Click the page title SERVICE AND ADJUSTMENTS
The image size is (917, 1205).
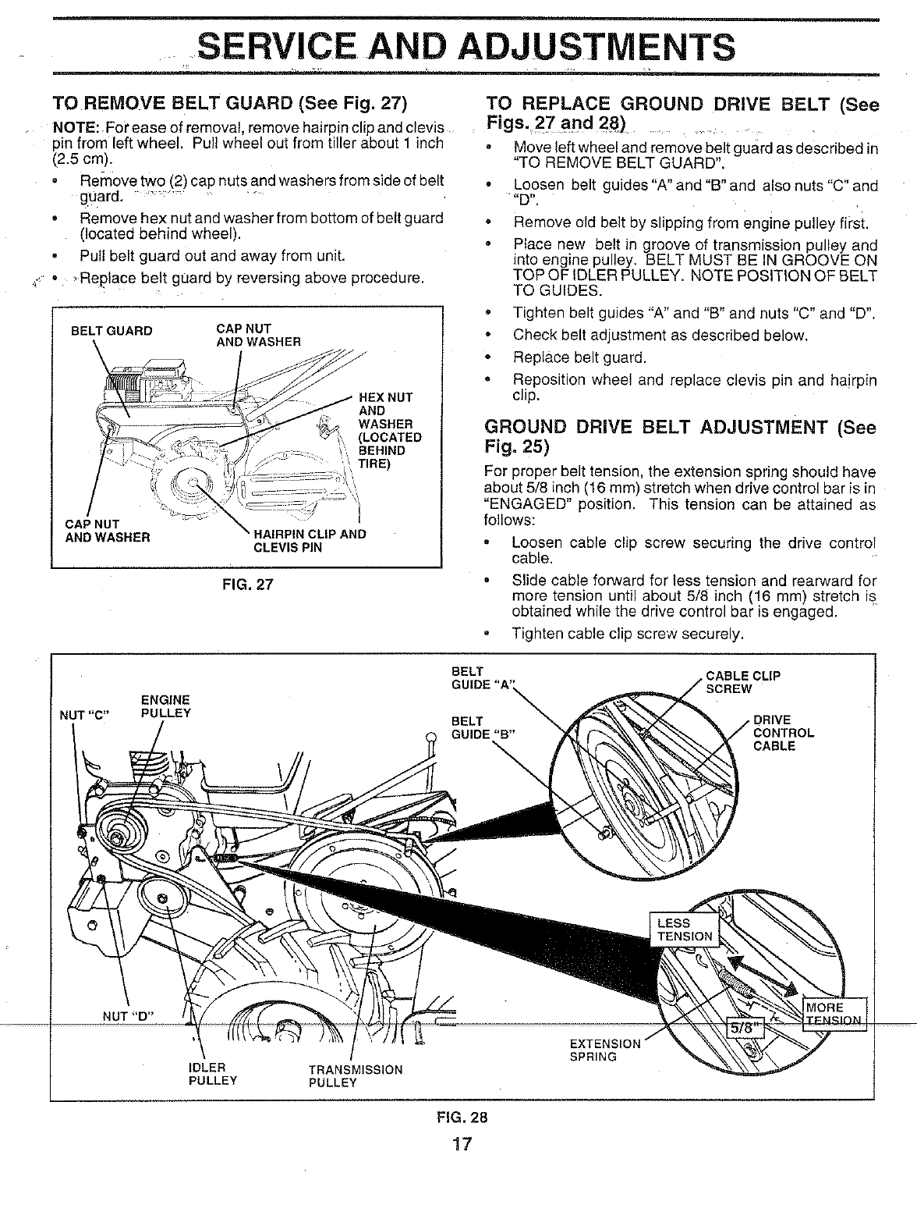tap(466, 47)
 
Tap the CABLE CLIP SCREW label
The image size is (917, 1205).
tap(742, 682)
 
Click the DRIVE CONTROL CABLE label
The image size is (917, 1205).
tap(783, 733)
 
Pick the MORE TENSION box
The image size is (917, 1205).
tap(833, 1013)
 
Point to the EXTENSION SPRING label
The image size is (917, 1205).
tap(605, 1050)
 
